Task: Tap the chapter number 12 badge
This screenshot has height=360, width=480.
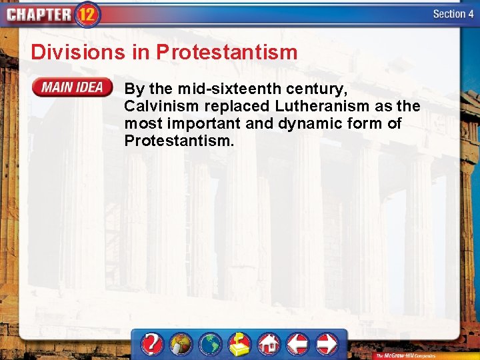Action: pyautogui.click(x=88, y=14)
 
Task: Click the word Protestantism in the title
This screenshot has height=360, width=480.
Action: pyautogui.click(x=227, y=52)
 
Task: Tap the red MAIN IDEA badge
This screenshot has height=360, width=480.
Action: pyautogui.click(x=73, y=87)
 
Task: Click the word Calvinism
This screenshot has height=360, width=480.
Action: pyautogui.click(x=157, y=106)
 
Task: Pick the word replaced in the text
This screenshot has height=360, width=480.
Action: pyautogui.click(x=227, y=106)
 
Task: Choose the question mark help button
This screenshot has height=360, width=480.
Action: pyautogui.click(x=153, y=344)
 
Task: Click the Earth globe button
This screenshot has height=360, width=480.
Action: pyautogui.click(x=211, y=344)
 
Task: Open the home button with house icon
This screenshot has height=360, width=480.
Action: pyautogui.click(x=269, y=344)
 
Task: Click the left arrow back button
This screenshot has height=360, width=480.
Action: pyautogui.click(x=297, y=344)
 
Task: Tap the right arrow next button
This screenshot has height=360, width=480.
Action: pyautogui.click(x=327, y=344)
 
